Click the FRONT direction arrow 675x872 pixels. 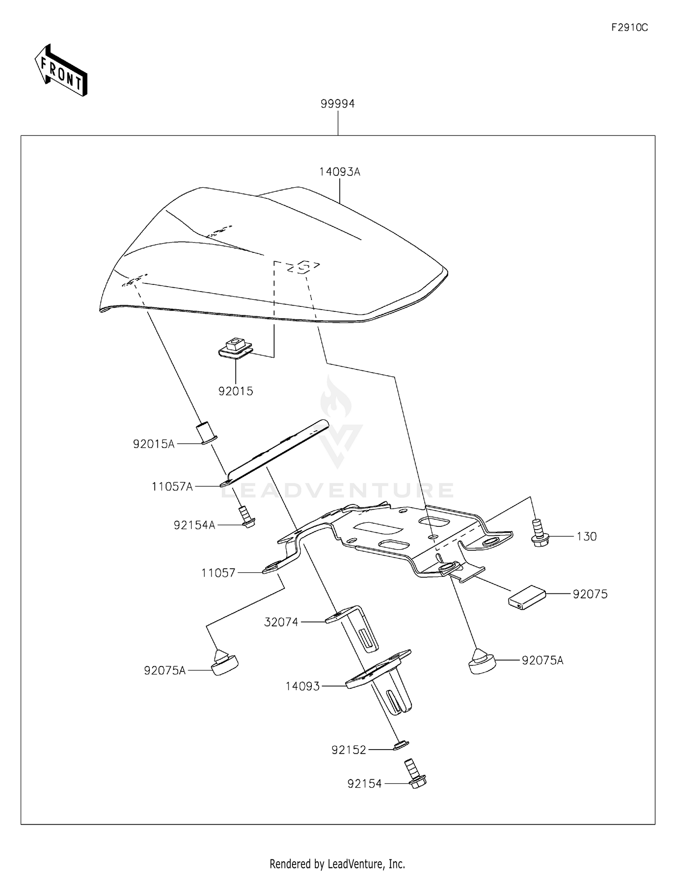(x=61, y=71)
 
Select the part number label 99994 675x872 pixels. (x=337, y=104)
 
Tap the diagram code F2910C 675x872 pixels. (x=629, y=28)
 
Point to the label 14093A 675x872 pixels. (x=340, y=172)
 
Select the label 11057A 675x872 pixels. (x=172, y=486)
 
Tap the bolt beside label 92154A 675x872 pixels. (x=247, y=517)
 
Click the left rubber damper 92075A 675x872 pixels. (x=224, y=664)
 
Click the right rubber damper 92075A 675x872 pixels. (x=481, y=661)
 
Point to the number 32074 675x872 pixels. (x=281, y=622)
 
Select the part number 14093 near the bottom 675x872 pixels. (x=302, y=687)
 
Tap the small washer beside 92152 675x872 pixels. (x=400, y=746)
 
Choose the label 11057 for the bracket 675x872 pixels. (x=218, y=573)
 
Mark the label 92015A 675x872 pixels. (x=153, y=445)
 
